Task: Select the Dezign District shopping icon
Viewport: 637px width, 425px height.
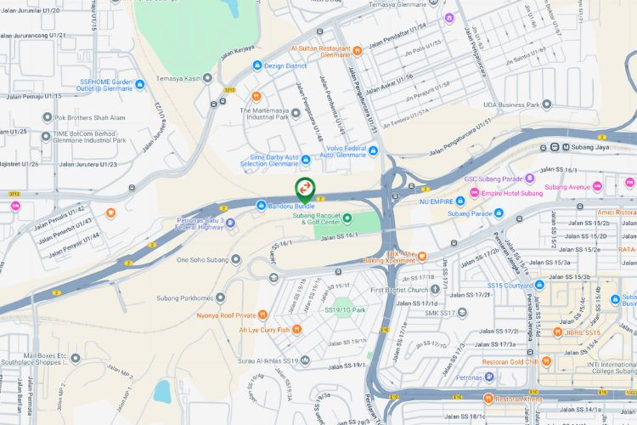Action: point(257,65)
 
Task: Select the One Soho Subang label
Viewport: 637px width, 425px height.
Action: point(204,258)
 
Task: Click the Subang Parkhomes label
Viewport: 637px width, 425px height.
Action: point(185,297)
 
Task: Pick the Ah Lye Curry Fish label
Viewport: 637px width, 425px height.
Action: point(263,329)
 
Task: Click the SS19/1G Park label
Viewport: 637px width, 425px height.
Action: point(345,310)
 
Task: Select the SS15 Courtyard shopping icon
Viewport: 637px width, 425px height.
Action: point(539,285)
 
